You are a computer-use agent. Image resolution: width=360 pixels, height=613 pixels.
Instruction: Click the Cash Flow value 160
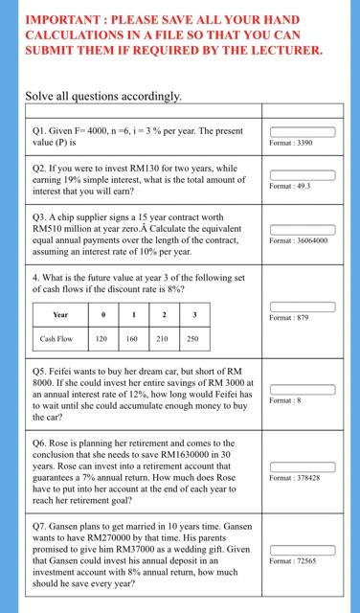[133, 338]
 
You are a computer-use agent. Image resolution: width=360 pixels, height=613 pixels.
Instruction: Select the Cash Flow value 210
[163, 338]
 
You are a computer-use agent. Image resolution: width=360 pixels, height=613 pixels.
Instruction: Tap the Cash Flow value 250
[192, 338]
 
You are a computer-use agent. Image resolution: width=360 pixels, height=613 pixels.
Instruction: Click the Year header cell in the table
[60, 314]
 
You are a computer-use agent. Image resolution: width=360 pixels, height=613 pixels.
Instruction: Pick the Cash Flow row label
[56, 338]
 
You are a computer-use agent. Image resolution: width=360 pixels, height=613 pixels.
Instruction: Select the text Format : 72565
[293, 560]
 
